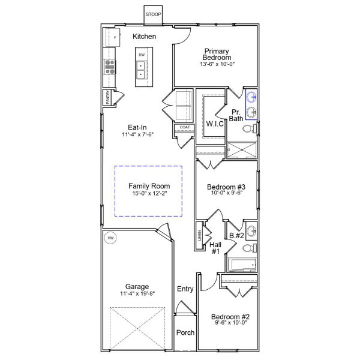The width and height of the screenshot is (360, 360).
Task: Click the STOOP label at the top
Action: (x=153, y=14)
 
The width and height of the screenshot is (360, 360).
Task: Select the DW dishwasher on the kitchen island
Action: (x=142, y=55)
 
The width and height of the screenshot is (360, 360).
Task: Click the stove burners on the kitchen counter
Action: (x=110, y=66)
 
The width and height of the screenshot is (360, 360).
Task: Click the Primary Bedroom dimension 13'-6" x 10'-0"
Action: (x=217, y=64)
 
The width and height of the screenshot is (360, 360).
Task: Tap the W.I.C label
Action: (x=214, y=124)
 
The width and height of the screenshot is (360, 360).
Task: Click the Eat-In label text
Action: (x=137, y=127)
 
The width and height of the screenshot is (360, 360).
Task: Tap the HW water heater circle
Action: (x=110, y=238)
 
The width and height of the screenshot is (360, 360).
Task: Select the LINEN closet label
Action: (x=199, y=236)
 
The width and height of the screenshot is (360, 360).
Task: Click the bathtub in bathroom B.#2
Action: (x=241, y=265)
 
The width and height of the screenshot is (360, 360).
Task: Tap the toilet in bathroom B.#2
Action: (x=252, y=246)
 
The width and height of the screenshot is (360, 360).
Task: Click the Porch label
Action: (x=185, y=332)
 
